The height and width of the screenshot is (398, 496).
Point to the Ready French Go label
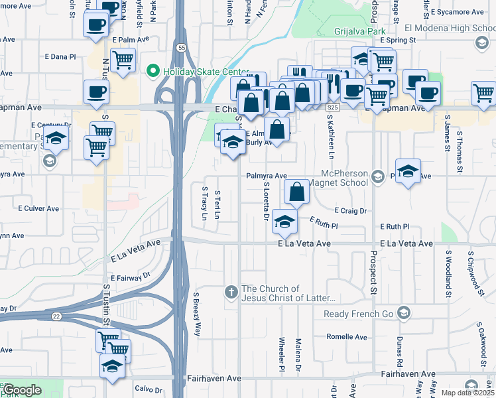point(358,314)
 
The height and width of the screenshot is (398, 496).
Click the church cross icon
point(231,292)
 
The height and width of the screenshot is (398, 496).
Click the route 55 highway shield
point(181,47)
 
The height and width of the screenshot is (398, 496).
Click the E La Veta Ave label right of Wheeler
point(304,244)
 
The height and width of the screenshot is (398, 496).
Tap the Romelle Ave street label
point(347,337)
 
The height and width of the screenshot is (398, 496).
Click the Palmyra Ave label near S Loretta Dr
point(267,176)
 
